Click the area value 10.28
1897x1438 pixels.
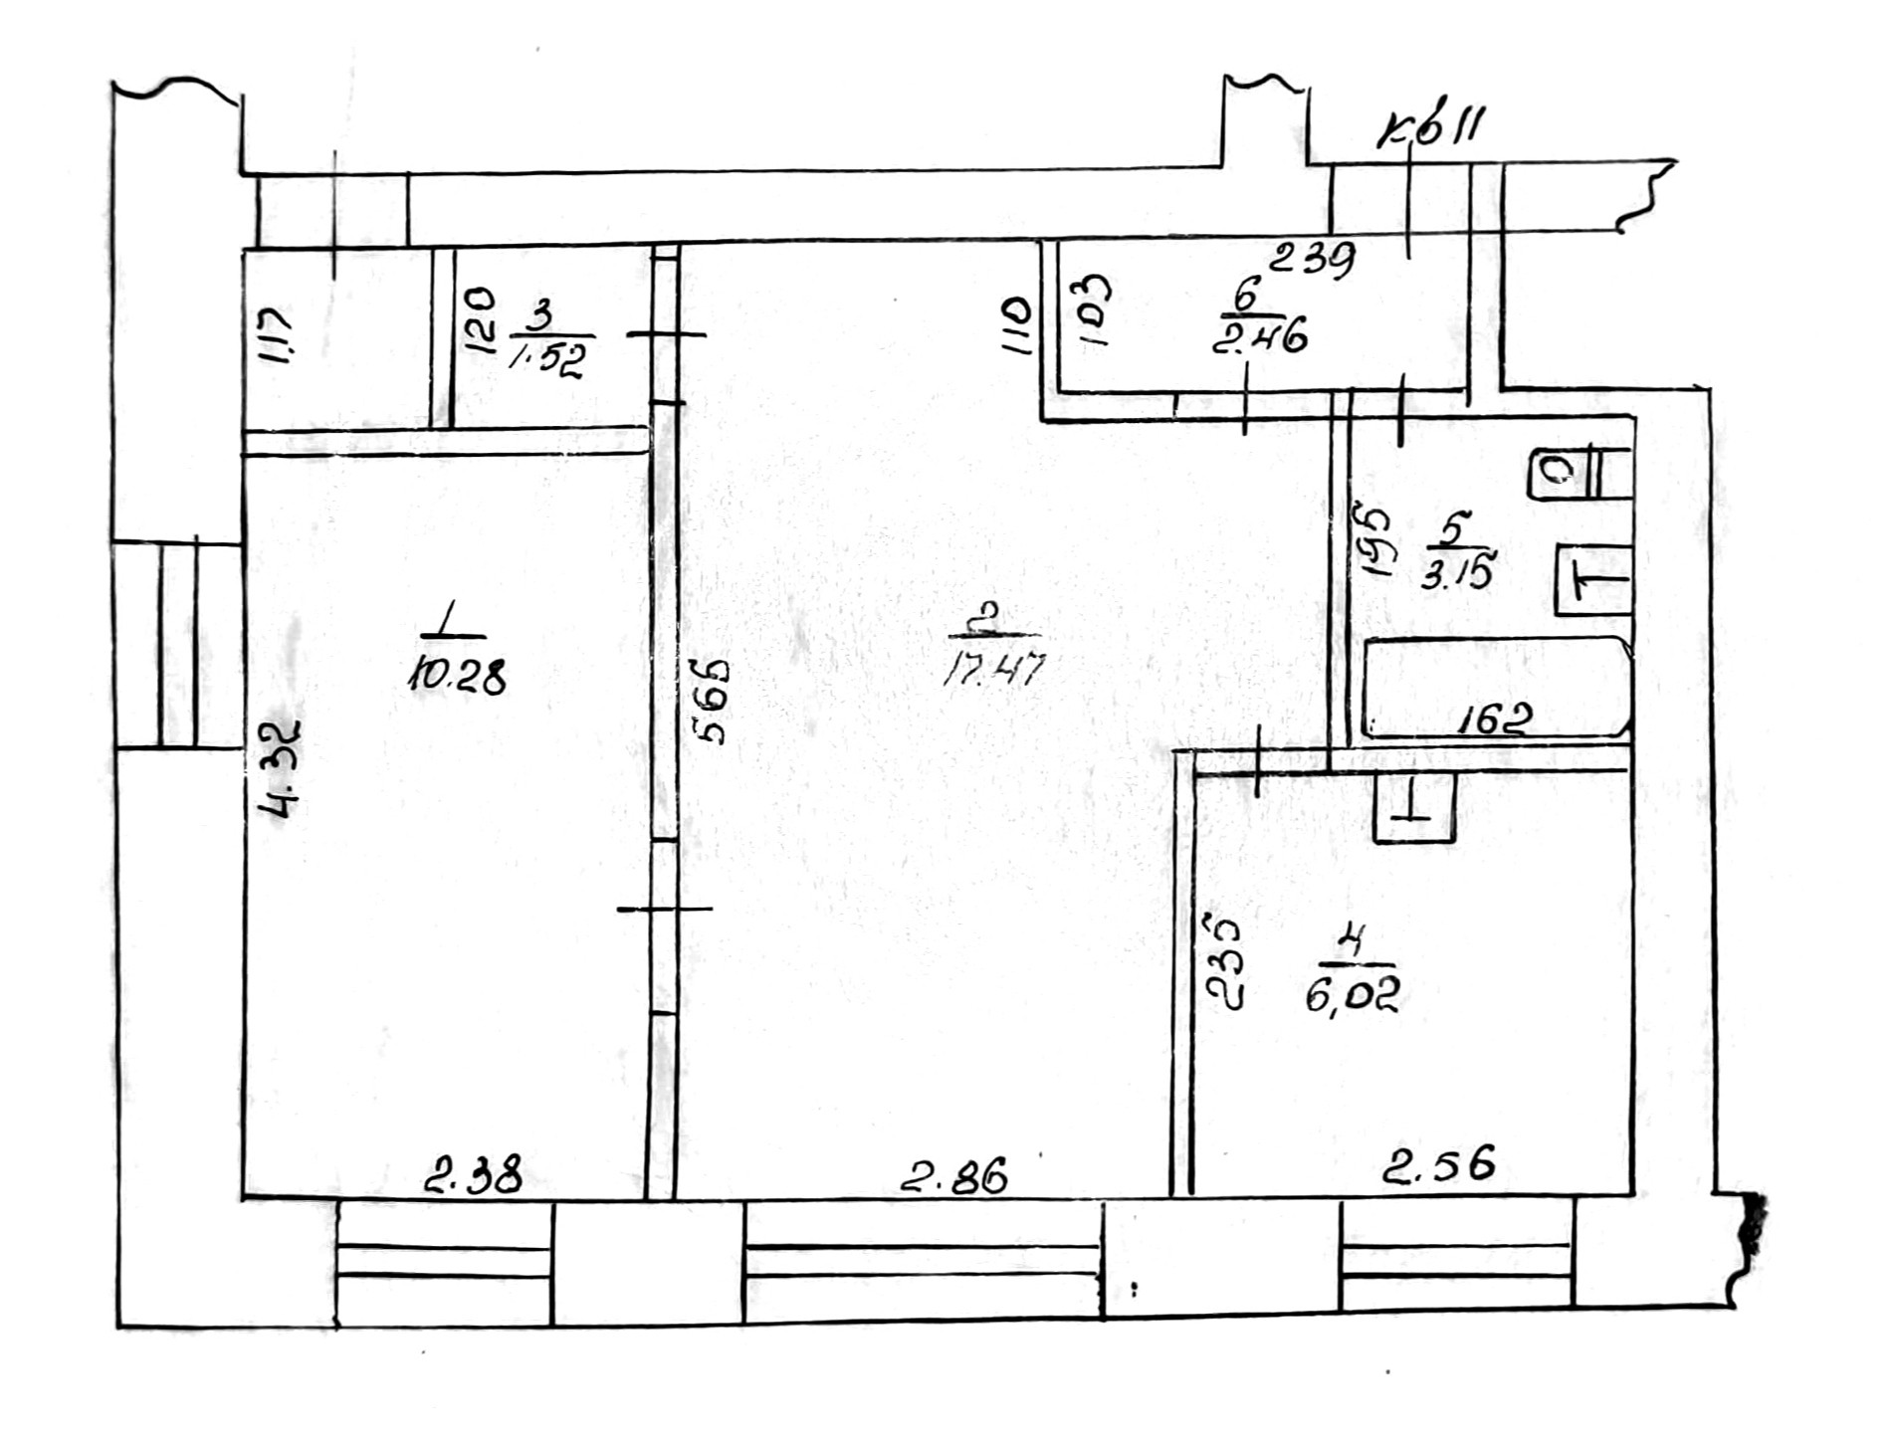pos(456,677)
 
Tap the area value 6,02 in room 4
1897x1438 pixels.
pos(1353,993)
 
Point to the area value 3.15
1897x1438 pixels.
pos(1457,575)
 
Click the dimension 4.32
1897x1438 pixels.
pos(279,768)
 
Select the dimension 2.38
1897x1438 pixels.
pos(473,1175)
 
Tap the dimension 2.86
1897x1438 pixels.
pos(953,1175)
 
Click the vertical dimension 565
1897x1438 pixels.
pos(713,701)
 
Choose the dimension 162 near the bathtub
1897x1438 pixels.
pos(1493,719)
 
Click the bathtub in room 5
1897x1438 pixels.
pos(1493,687)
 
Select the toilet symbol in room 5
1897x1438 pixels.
pos(1579,474)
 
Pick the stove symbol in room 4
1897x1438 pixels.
pos(1413,808)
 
